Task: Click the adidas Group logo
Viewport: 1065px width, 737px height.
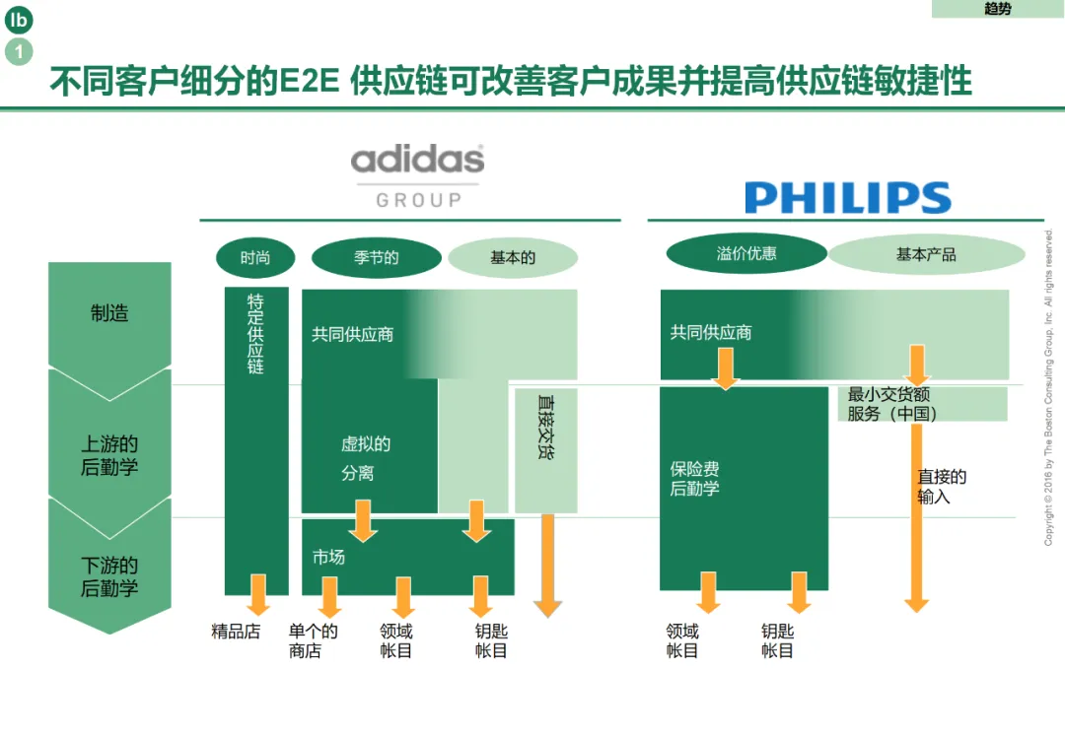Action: click(x=418, y=176)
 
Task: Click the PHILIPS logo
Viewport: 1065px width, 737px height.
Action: click(x=847, y=197)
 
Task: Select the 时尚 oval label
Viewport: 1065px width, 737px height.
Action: click(x=255, y=258)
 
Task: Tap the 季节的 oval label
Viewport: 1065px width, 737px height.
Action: click(x=376, y=258)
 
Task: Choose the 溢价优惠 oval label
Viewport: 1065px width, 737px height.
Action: click(x=745, y=254)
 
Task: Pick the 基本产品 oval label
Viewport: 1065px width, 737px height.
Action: click(x=926, y=254)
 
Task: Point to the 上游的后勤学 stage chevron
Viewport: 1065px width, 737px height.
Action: click(x=109, y=455)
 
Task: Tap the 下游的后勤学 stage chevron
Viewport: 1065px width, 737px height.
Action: click(x=109, y=577)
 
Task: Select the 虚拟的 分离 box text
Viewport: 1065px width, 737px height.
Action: click(x=365, y=459)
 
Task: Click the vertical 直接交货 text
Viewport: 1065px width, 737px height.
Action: click(x=545, y=427)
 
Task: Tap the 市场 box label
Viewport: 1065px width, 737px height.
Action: click(x=329, y=558)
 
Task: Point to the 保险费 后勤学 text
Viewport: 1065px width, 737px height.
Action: click(x=695, y=479)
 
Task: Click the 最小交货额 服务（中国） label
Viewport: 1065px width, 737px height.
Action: click(x=892, y=404)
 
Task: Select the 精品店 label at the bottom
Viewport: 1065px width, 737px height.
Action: click(x=236, y=632)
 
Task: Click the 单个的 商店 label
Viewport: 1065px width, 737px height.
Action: click(x=313, y=641)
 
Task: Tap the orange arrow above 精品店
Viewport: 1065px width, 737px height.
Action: click(x=258, y=594)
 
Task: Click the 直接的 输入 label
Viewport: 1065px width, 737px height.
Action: click(x=941, y=487)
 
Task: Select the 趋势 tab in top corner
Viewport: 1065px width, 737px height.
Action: click(x=997, y=9)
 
